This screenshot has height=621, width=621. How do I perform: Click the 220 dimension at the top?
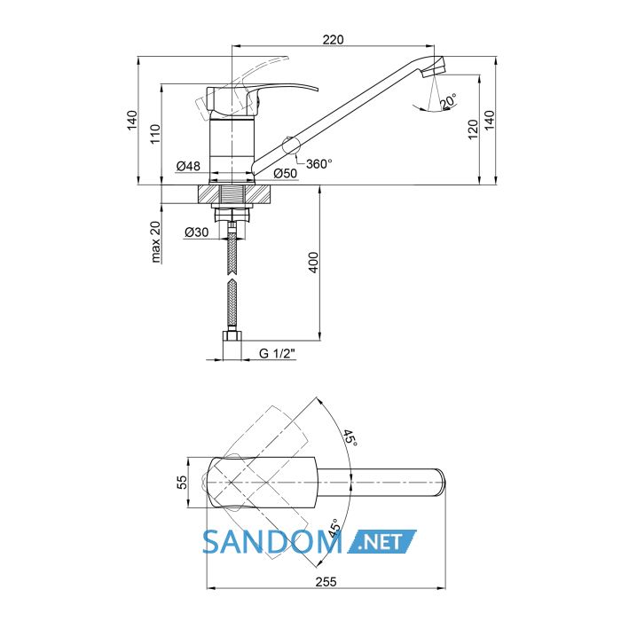(x=333, y=40)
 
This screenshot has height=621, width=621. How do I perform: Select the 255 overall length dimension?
(x=326, y=582)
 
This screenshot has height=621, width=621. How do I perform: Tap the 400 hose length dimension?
(x=313, y=263)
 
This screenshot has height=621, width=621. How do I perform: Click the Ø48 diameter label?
(x=188, y=166)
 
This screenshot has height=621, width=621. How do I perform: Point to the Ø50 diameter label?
(x=285, y=173)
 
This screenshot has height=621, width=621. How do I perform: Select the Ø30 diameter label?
(x=196, y=232)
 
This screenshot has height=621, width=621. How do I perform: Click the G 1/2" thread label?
(x=278, y=353)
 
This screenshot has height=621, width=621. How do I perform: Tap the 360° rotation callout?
(x=319, y=163)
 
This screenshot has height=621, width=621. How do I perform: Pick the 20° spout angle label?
(x=447, y=100)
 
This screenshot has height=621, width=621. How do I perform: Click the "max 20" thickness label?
(x=155, y=241)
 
